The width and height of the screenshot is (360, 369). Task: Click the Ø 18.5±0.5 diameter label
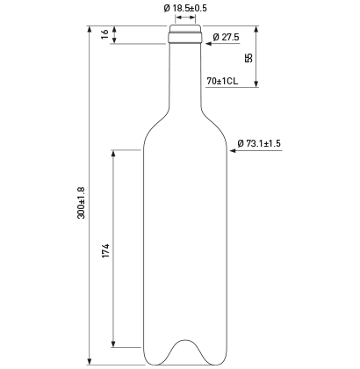pyautogui.click(x=185, y=8)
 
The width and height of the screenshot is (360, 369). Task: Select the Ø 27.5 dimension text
pyautogui.click(x=226, y=37)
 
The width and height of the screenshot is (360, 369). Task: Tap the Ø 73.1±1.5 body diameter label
pyautogui.click(x=259, y=143)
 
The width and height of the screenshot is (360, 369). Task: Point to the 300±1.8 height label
pyautogui.click(x=81, y=203)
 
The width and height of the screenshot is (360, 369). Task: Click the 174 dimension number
pyautogui.click(x=105, y=250)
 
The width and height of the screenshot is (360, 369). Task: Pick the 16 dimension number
pyautogui.click(x=104, y=33)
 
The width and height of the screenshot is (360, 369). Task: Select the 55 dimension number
pyautogui.click(x=248, y=58)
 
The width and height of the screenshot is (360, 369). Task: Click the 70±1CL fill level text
pyautogui.click(x=222, y=81)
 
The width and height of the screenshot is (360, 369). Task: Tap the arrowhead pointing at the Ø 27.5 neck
pyautogui.click(x=208, y=44)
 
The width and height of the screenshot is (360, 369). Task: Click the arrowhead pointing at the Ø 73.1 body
pyautogui.click(x=233, y=151)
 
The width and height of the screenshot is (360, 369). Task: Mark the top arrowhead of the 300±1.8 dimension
pyautogui.click(x=90, y=29)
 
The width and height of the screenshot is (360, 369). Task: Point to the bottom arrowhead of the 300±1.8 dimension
pyautogui.click(x=90, y=362)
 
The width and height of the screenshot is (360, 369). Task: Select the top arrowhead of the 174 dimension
pyautogui.click(x=113, y=154)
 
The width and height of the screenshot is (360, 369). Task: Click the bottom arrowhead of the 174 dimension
pyautogui.click(x=113, y=344)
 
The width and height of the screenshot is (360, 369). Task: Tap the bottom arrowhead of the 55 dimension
pyautogui.click(x=256, y=83)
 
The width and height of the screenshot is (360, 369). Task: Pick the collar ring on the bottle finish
pyautogui.click(x=185, y=38)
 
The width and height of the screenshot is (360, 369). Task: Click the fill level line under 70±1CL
pyautogui.click(x=232, y=87)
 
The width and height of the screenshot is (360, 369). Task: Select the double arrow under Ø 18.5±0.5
pyautogui.click(x=185, y=18)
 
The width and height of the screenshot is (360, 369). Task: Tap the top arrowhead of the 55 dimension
pyautogui.click(x=256, y=30)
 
